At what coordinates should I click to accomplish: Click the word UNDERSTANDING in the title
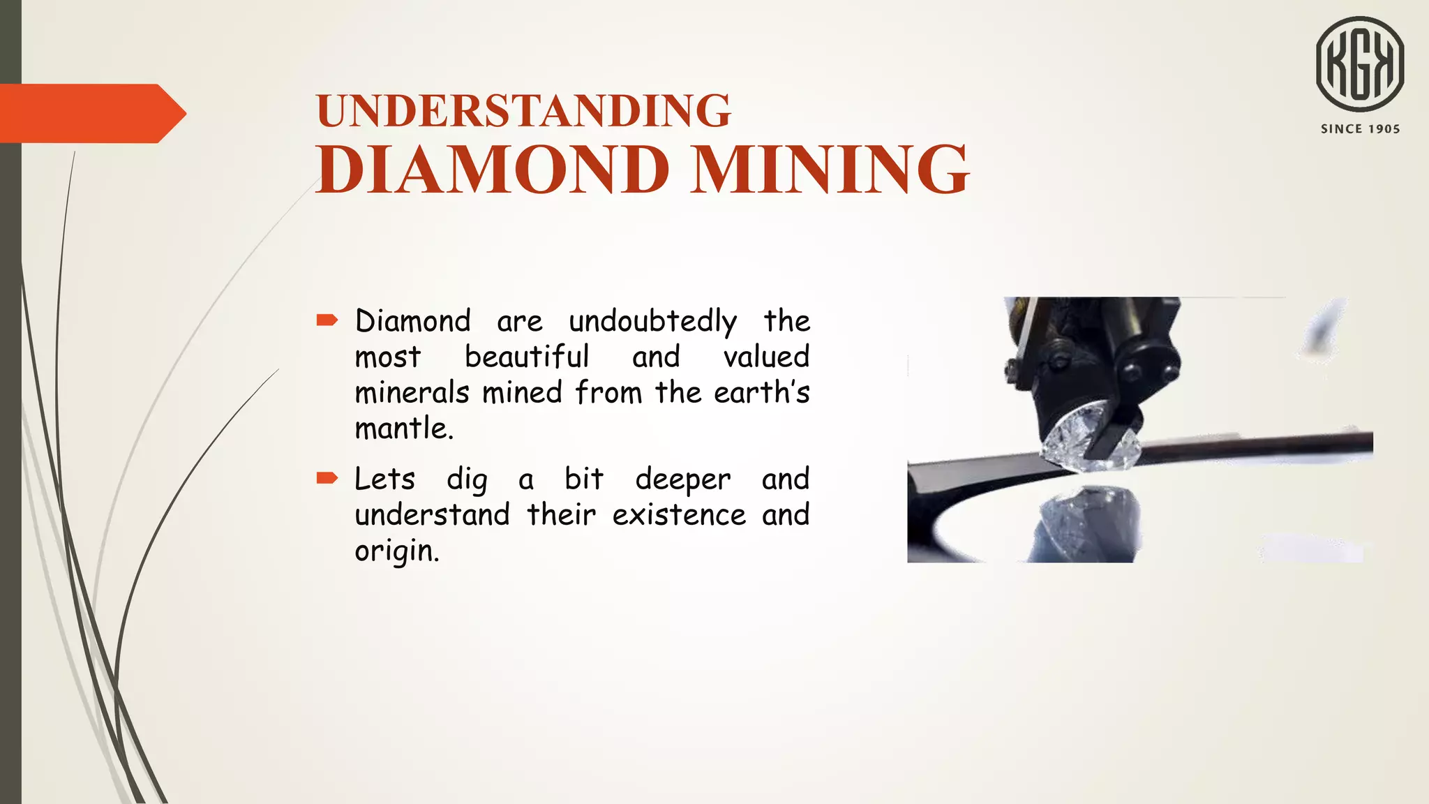click(523, 111)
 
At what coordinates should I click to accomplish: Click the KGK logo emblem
click(1360, 64)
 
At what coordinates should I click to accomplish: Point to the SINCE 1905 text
click(1360, 129)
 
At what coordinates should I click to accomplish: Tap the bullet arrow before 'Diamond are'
click(327, 320)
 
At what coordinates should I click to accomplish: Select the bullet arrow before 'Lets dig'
click(327, 478)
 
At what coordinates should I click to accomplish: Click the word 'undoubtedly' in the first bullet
click(652, 322)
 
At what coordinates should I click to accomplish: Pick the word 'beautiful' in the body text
click(527, 357)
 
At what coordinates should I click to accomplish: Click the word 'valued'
click(766, 357)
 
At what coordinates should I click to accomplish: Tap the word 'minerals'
click(412, 392)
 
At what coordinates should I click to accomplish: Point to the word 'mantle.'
click(404, 428)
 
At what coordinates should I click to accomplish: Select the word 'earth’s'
click(761, 392)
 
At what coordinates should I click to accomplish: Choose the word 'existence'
click(679, 515)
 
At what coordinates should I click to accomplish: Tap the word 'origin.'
click(397, 551)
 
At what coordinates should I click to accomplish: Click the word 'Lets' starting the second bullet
click(384, 479)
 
